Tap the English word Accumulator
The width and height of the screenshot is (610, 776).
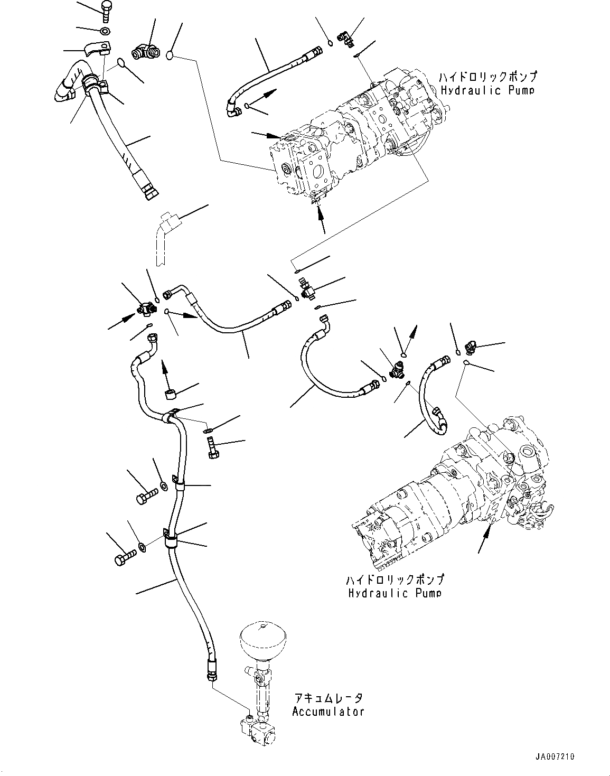click(x=328, y=711)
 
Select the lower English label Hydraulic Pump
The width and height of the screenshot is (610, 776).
click(x=394, y=593)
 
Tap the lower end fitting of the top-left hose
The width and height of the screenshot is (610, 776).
click(x=149, y=191)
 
